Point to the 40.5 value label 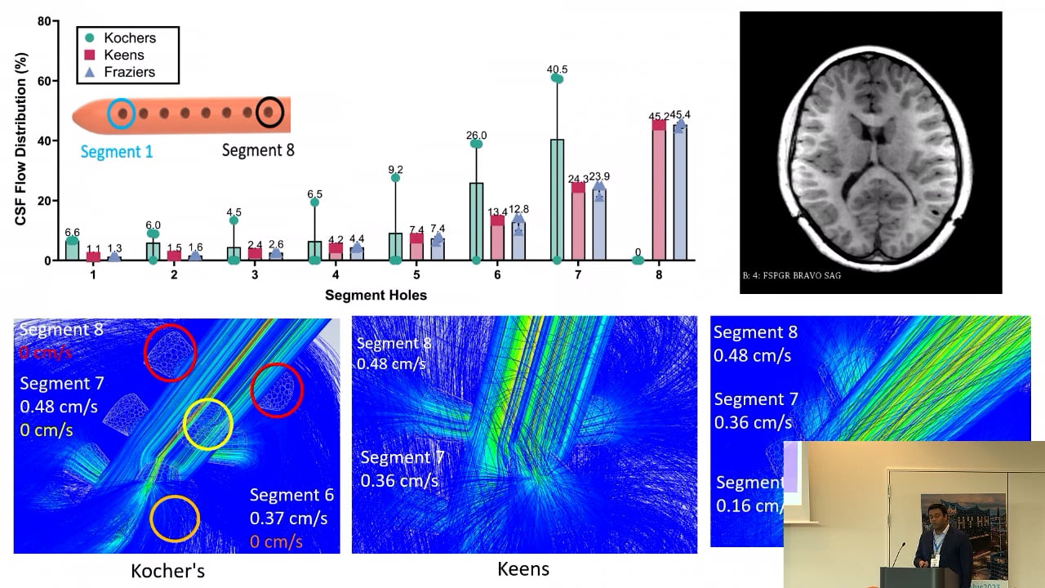(558, 69)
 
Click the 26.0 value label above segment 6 (476, 136)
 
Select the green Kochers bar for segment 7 (558, 200)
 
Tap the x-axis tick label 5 (416, 275)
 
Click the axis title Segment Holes (376, 295)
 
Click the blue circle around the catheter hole (122, 113)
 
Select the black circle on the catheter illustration (269, 112)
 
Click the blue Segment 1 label (117, 151)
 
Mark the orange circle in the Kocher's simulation (175, 519)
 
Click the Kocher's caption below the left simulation (167, 571)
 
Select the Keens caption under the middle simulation (523, 568)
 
